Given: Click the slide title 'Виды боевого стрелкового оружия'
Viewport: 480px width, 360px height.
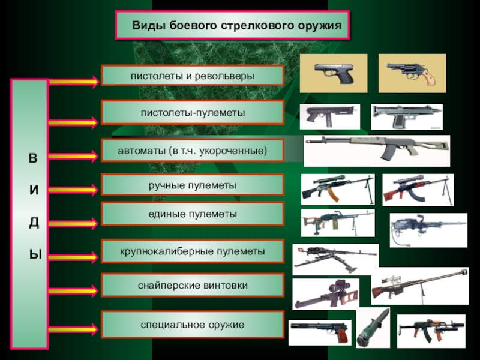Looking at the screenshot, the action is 232,26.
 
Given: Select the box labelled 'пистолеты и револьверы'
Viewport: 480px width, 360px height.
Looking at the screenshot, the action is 192,76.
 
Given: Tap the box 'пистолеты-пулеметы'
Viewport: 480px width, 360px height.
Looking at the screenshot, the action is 192,112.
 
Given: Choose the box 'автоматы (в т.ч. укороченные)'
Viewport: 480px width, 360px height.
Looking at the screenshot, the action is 192,150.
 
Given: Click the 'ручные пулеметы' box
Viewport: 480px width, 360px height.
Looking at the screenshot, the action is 192,185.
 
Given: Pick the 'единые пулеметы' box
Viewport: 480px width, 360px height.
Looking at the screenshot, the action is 192,214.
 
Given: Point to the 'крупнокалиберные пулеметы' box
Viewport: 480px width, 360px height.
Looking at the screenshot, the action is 192,251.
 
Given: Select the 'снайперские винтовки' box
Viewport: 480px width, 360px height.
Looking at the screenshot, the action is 192,285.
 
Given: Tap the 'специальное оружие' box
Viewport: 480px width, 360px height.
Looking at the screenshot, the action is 192,324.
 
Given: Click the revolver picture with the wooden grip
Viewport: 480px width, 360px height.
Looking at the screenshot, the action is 412,73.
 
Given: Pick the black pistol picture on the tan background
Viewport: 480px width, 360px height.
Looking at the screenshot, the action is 332,73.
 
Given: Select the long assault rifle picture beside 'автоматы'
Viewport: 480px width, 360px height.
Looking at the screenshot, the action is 377,151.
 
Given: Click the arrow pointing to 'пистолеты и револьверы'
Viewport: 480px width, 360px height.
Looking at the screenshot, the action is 73,82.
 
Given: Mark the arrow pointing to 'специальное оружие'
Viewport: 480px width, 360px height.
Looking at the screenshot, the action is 73,328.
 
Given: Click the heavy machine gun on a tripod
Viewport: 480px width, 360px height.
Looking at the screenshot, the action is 335,259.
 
